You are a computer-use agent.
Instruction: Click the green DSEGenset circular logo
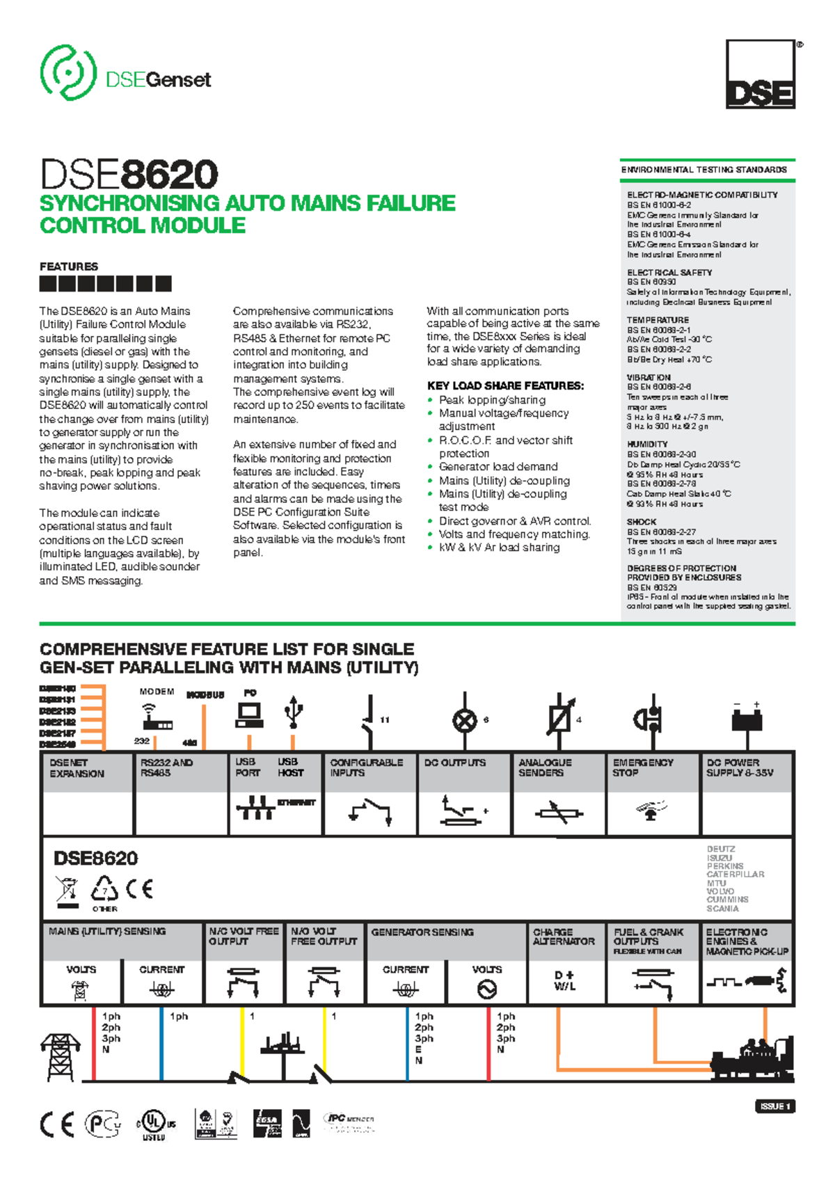[68, 72]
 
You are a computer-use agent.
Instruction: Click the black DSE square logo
[760, 74]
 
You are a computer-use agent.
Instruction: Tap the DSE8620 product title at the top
[129, 174]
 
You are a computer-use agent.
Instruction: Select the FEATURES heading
[69, 266]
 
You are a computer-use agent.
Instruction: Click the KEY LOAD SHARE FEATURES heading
[505, 385]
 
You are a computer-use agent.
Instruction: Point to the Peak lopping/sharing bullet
[492, 400]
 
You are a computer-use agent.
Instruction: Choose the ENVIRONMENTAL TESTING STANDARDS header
[703, 170]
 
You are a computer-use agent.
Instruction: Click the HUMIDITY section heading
[647, 444]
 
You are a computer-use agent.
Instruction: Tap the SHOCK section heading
[642, 522]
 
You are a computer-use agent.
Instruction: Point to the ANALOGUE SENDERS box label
[545, 767]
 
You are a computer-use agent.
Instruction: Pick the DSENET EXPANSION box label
[77, 768]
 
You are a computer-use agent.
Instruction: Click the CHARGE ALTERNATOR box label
[564, 936]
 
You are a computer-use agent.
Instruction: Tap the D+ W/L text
[564, 981]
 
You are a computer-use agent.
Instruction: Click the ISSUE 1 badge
[774, 1106]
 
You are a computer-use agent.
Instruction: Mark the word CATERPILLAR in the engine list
[735, 875]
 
